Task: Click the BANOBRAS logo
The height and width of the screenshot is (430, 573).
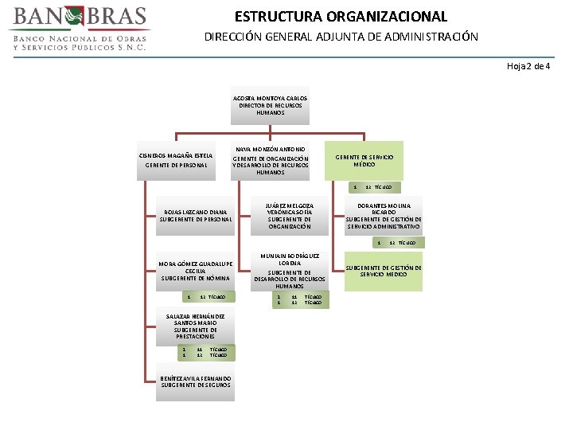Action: (80, 29)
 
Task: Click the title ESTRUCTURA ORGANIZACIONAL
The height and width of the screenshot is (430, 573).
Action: (341, 16)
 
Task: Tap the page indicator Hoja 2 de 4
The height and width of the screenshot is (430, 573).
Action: (528, 65)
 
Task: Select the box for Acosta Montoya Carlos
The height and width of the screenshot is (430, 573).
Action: (270, 105)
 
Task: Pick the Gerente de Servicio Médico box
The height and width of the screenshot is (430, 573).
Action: (364, 160)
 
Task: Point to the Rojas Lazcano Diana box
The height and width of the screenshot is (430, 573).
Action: (195, 215)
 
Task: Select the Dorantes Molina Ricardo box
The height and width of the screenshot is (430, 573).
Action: (384, 215)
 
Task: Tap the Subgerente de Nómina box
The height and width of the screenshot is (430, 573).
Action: (195, 270)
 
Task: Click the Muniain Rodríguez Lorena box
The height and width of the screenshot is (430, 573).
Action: (289, 271)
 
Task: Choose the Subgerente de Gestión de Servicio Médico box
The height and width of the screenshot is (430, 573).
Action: (384, 271)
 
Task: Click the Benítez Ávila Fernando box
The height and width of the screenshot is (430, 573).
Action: (195, 381)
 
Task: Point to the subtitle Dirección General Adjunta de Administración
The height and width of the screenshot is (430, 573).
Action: (341, 37)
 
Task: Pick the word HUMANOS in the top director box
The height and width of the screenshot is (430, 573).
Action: (270, 112)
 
